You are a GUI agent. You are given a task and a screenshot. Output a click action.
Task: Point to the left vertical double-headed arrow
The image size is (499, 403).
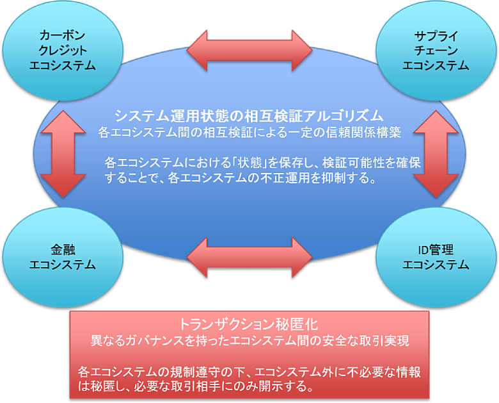[62, 154]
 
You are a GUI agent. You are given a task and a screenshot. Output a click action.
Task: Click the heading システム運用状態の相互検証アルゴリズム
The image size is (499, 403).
[249, 116]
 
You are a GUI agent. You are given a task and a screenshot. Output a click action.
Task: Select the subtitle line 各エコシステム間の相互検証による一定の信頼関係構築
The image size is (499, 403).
[250, 133]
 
